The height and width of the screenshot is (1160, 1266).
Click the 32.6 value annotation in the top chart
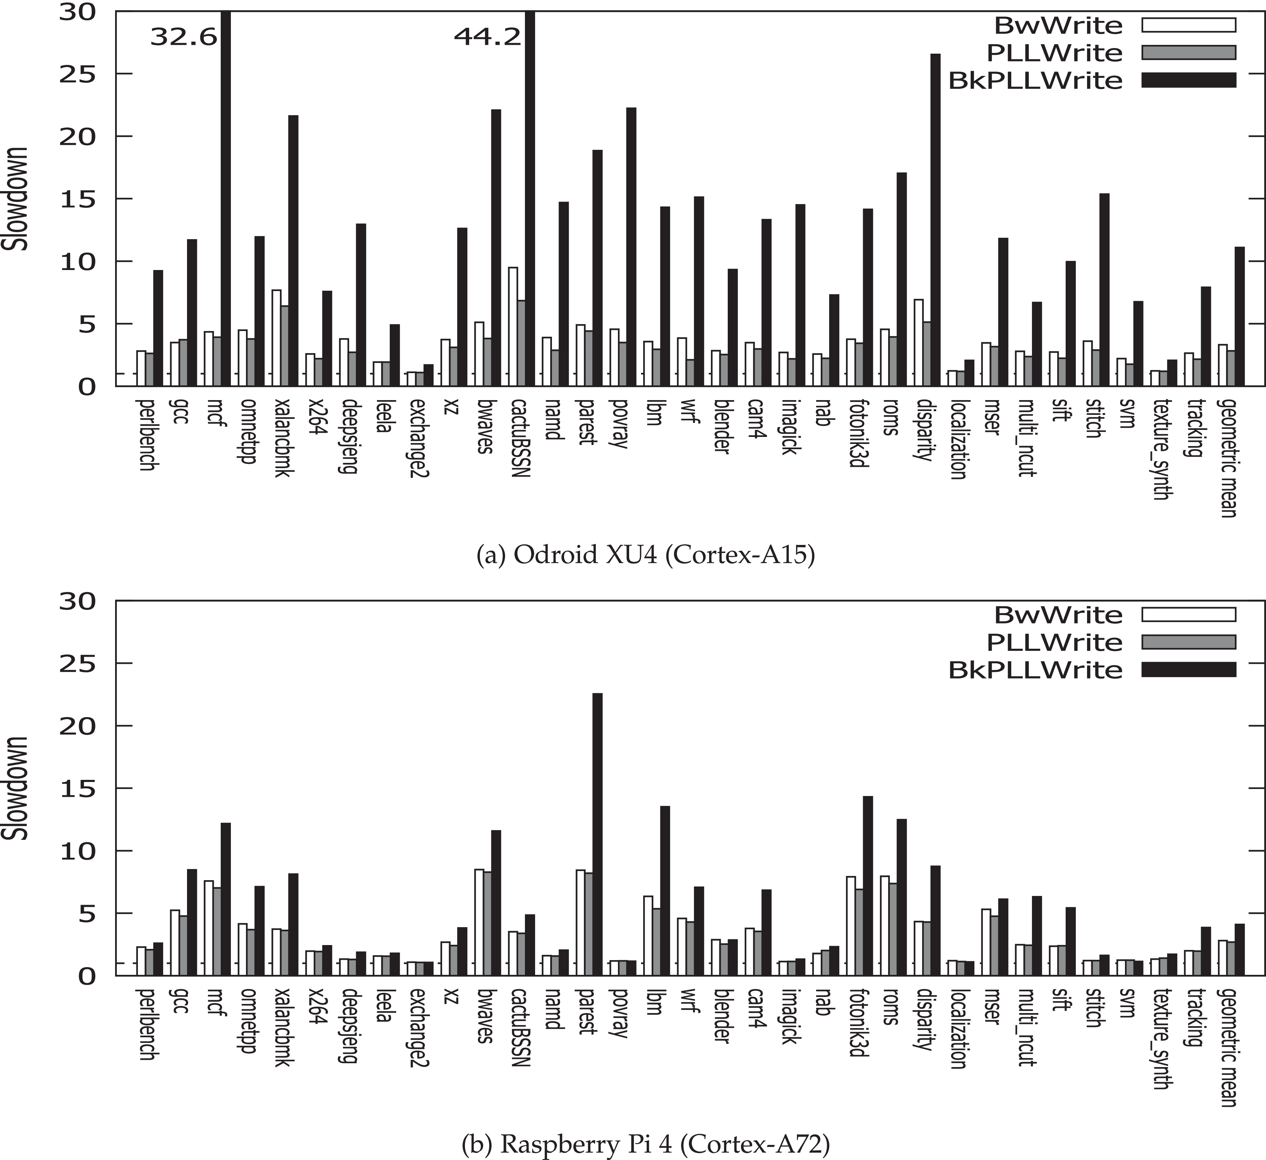(x=184, y=37)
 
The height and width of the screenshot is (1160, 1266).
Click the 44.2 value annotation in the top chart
(x=487, y=37)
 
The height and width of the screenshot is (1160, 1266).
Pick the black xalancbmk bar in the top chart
(x=293, y=251)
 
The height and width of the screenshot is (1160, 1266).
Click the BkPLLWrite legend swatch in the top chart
(x=1188, y=80)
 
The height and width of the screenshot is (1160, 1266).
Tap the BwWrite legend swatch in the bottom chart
(x=1188, y=614)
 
